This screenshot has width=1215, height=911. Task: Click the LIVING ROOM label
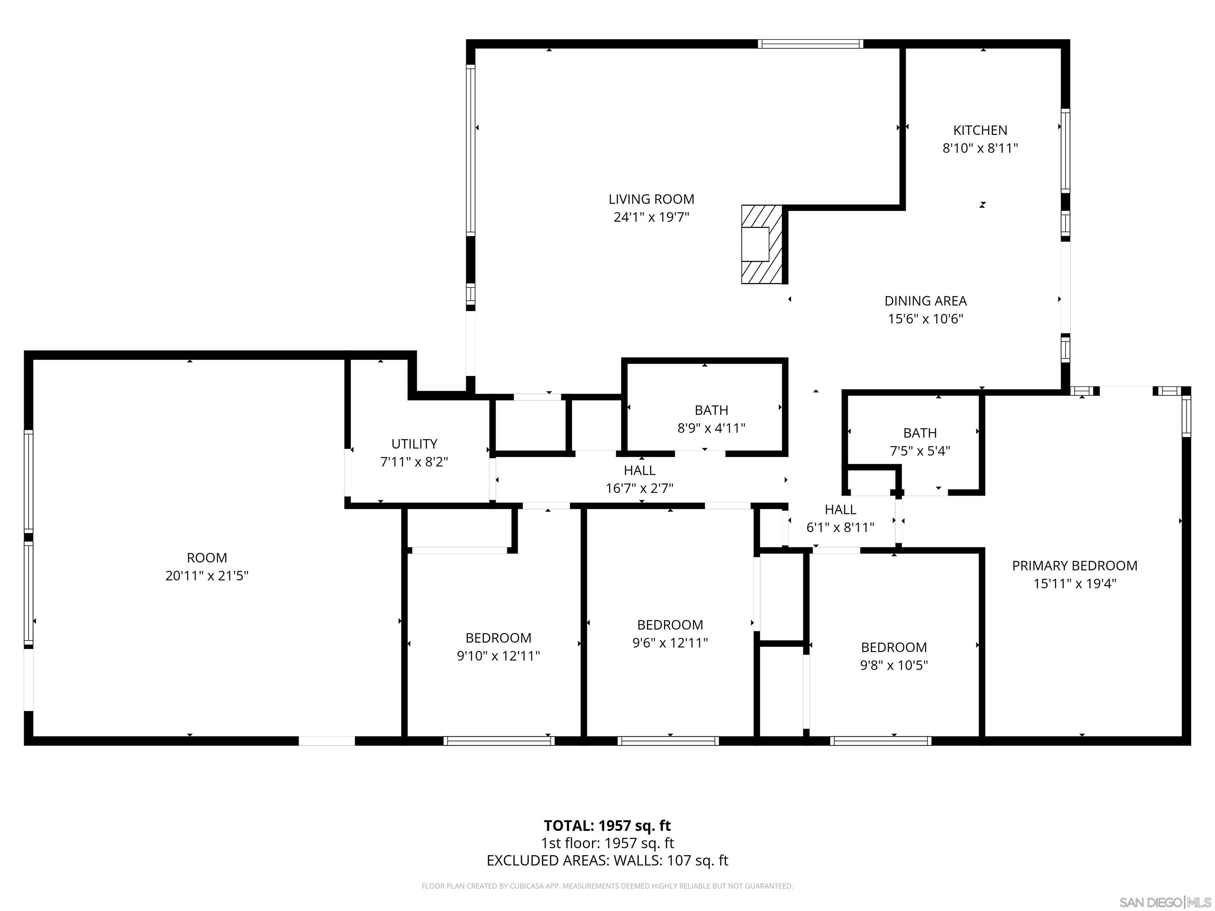tap(651, 199)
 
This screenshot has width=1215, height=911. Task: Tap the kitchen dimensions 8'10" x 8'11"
tap(980, 148)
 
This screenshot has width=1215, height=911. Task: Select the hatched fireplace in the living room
tap(761, 244)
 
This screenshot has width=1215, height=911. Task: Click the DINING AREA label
tap(925, 301)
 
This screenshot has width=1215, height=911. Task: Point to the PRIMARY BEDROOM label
tap(1074, 565)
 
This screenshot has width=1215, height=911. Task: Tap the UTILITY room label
tap(414, 444)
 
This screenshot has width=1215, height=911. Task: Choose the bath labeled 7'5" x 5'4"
tap(920, 442)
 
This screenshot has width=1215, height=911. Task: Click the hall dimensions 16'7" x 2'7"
tap(640, 488)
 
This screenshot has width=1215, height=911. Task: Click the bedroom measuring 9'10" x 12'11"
tap(498, 647)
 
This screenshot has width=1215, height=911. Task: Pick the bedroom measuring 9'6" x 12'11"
tap(670, 634)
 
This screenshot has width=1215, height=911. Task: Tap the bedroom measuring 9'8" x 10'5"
tap(894, 656)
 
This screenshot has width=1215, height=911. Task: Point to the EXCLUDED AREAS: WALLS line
tap(607, 860)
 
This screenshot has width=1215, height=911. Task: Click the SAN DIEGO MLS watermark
tap(1164, 902)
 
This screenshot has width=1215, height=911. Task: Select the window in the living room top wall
tap(810, 44)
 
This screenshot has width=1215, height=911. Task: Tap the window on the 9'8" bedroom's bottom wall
tap(880, 741)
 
